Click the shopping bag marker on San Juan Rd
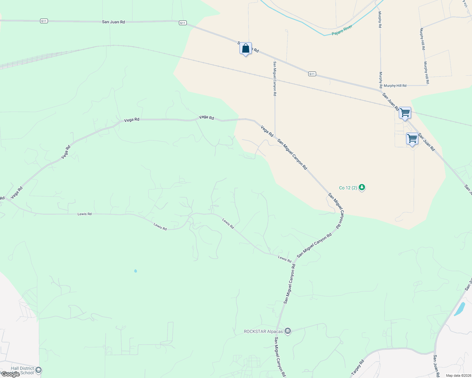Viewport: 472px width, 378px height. pyautogui.click(x=245, y=49)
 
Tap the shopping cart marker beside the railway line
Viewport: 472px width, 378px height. pyautogui.click(x=405, y=113)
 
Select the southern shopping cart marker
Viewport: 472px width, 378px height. pyautogui.click(x=412, y=139)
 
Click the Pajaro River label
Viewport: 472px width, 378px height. pyautogui.click(x=342, y=30)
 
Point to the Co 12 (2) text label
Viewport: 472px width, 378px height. pyautogui.click(x=348, y=188)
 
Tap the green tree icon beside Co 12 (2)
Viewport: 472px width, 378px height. pyautogui.click(x=362, y=188)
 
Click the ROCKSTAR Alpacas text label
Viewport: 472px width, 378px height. pyautogui.click(x=263, y=331)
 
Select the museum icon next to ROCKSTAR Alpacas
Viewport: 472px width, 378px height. pyautogui.click(x=287, y=331)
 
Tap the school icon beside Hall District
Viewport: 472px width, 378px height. pyautogui.click(x=38, y=370)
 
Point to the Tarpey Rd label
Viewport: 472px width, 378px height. pyautogui.click(x=357, y=367)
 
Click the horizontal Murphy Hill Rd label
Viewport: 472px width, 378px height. pyautogui.click(x=395, y=86)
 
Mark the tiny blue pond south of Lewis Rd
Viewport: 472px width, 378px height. pyautogui.click(x=135, y=271)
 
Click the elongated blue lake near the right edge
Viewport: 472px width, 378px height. pyautogui.click(x=460, y=309)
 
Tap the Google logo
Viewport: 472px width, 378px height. pyautogui.click(x=10, y=374)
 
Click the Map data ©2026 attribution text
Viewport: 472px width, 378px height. pyautogui.click(x=458, y=375)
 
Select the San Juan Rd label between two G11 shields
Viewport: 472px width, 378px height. pyautogui.click(x=113, y=22)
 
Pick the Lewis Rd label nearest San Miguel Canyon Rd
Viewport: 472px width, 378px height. pyautogui.click(x=284, y=259)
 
